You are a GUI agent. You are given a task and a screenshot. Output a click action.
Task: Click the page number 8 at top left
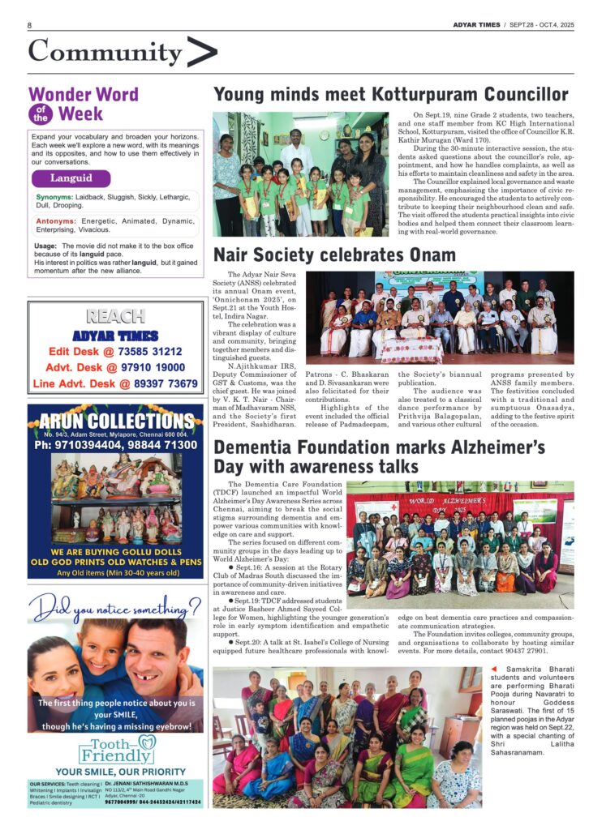[x=30, y=25]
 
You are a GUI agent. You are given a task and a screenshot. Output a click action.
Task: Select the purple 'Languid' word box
[x=72, y=178]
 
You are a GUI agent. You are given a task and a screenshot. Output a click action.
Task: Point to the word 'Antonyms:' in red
[x=56, y=220]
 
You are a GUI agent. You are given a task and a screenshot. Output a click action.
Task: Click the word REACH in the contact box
[x=115, y=316]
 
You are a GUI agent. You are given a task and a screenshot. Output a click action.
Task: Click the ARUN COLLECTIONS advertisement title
[x=115, y=421]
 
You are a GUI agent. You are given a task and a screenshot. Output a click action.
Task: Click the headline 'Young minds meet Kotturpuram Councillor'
[x=390, y=95]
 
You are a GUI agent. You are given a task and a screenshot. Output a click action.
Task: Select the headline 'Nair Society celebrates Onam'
[x=334, y=255]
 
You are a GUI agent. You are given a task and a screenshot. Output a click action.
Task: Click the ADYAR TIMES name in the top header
[x=475, y=25]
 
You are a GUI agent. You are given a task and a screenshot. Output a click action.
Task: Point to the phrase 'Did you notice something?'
[x=113, y=605]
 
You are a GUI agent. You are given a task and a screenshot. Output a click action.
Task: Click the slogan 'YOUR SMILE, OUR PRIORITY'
[x=115, y=772]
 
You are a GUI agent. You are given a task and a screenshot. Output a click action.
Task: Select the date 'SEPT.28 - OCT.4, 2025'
[x=542, y=25]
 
